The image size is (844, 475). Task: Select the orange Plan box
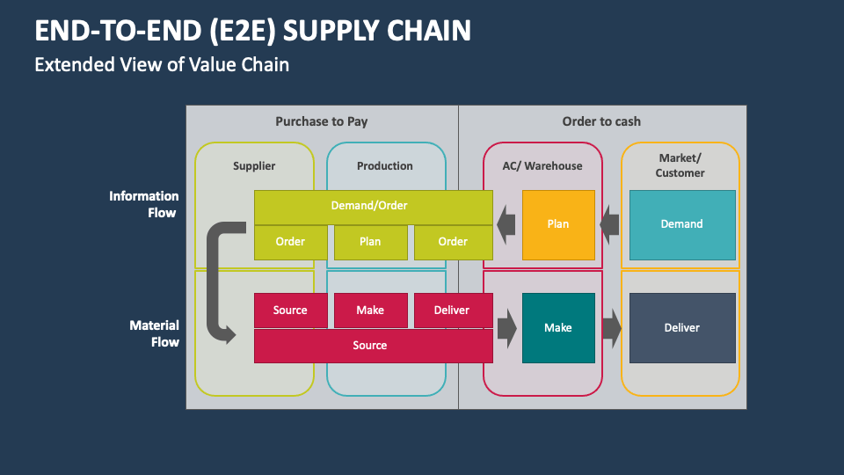pos(558,224)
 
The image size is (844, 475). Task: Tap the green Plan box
pos(370,242)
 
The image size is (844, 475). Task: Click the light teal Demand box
pos(681,224)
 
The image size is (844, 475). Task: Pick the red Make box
pos(370,311)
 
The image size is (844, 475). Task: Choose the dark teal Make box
pos(558,328)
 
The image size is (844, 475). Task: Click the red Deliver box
pos(452,311)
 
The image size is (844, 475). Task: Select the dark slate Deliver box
pos(681,328)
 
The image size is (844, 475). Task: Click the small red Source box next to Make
pos(290,311)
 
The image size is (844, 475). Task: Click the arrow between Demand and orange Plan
pos(609,225)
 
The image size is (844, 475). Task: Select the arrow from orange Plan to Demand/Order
pos(506,225)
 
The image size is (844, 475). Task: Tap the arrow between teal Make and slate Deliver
pos(612,328)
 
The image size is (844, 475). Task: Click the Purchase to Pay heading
pos(322,121)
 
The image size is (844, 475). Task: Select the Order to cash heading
pos(601,121)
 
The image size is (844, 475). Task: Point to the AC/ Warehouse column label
pos(542,165)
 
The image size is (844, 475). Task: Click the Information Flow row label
pos(143,204)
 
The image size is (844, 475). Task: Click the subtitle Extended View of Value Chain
pos(162,64)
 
